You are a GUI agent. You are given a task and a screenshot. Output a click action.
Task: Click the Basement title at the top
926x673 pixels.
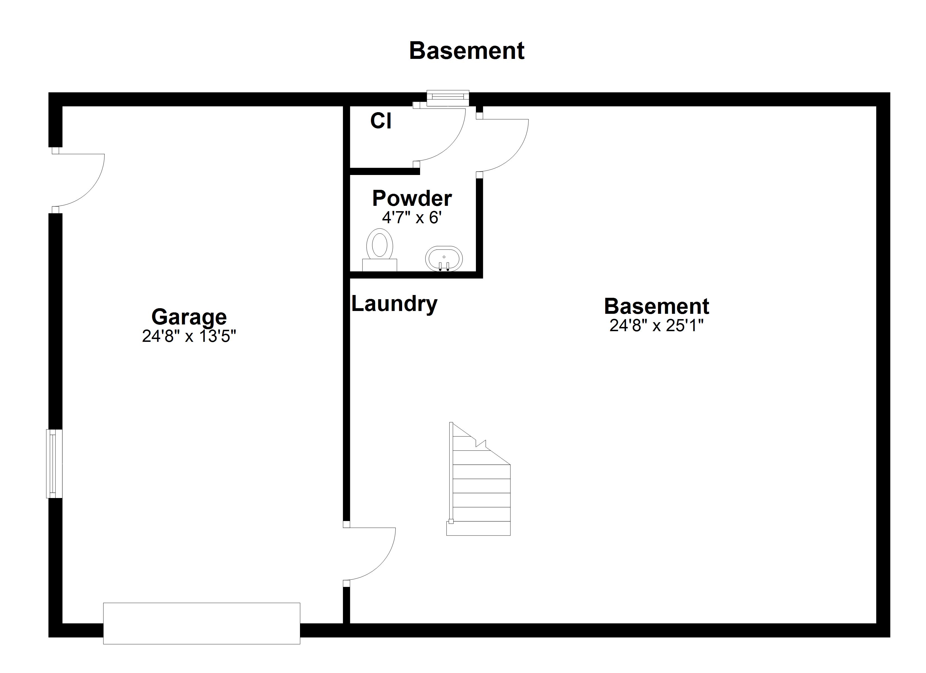pyautogui.click(x=466, y=51)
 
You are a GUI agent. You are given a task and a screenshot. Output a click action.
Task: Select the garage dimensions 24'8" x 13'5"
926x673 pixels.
pyautogui.click(x=189, y=336)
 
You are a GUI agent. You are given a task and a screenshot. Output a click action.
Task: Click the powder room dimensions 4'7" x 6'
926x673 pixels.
pyautogui.click(x=412, y=218)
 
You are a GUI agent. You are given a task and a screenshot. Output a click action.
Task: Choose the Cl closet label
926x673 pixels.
pyautogui.click(x=381, y=121)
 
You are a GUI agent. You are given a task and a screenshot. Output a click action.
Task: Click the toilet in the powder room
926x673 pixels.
pyautogui.click(x=380, y=245)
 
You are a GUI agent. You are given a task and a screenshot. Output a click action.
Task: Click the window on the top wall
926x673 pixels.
pyautogui.click(x=448, y=98)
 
